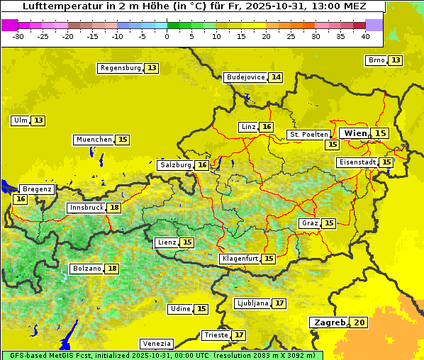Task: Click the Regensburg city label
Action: [x=121, y=68]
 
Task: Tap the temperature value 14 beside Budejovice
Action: [x=277, y=77]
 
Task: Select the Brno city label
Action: [x=376, y=60]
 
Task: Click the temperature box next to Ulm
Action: [x=38, y=120]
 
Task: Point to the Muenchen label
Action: [x=94, y=140]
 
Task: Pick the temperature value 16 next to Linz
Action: [x=267, y=127]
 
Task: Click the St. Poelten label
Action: [x=308, y=134]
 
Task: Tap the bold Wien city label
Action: [x=356, y=133]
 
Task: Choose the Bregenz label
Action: [x=37, y=189]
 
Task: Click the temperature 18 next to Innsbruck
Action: [x=114, y=208]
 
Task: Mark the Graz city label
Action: [x=310, y=223]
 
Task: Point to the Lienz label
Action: [x=167, y=242]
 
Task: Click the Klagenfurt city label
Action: [x=240, y=259]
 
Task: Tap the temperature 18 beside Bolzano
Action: [x=112, y=269]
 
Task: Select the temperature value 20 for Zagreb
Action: [x=359, y=322]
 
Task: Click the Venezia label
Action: [x=156, y=344]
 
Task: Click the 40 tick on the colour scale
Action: [x=365, y=35]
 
